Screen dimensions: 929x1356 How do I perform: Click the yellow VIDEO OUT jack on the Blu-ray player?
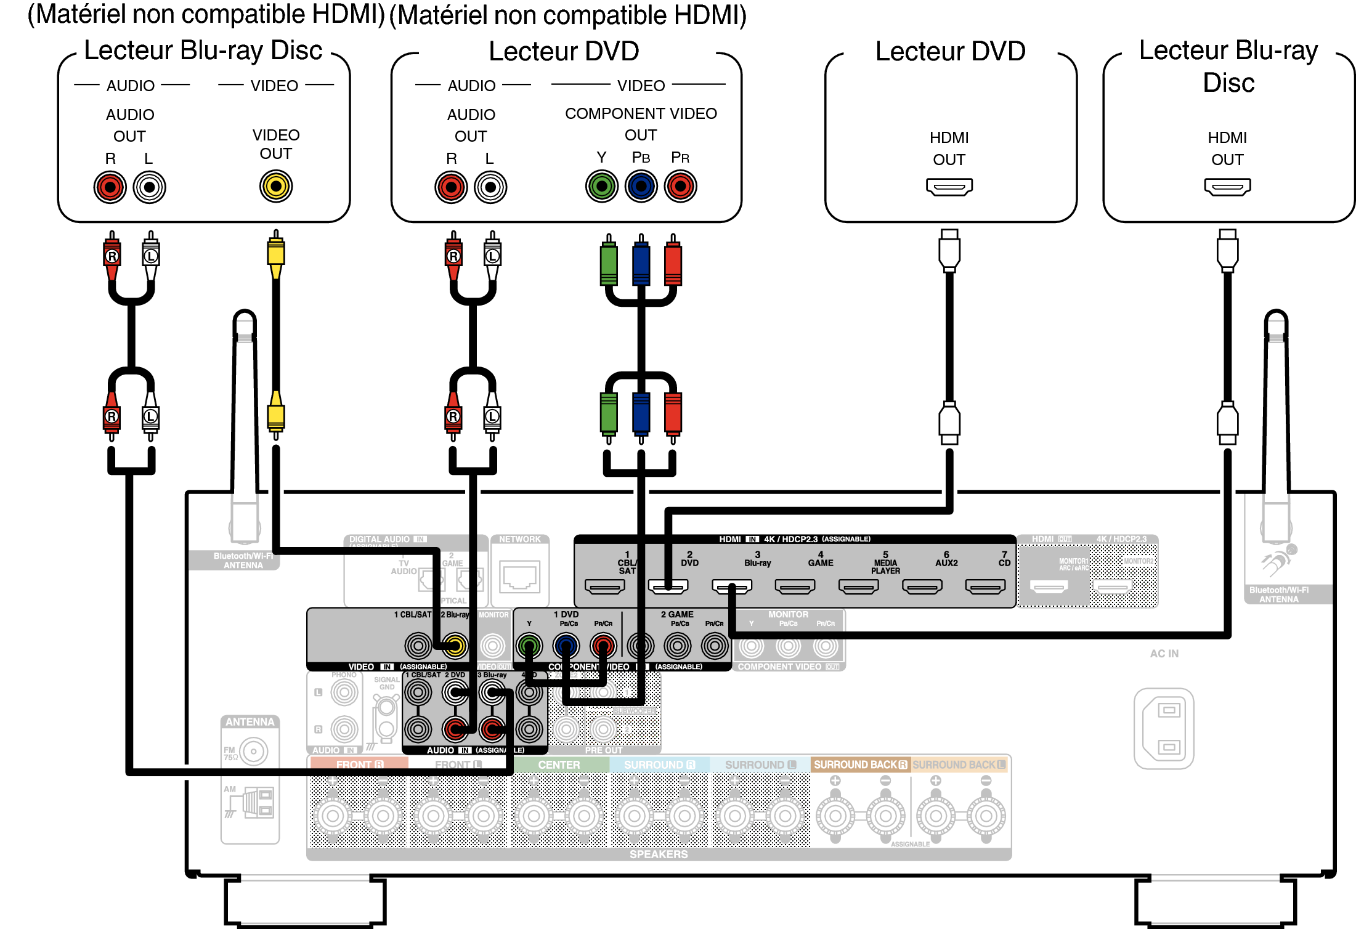tap(276, 186)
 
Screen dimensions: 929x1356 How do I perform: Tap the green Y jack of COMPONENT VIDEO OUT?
tap(601, 186)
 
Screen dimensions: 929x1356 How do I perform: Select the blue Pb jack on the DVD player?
tap(641, 186)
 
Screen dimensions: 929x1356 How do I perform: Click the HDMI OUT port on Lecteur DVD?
tap(949, 186)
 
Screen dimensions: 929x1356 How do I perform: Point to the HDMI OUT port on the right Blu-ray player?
tap(1227, 186)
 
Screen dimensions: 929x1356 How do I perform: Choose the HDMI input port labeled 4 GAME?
tap(795, 587)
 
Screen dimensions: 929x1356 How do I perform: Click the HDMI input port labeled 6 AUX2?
tap(922, 587)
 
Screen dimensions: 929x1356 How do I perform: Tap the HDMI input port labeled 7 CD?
tap(985, 587)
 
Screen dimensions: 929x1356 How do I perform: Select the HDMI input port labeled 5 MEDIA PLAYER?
tap(858, 587)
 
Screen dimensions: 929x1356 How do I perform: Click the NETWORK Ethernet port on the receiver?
tap(520, 577)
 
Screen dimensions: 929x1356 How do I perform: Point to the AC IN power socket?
tap(1164, 728)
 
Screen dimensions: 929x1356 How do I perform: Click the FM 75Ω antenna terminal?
tap(253, 752)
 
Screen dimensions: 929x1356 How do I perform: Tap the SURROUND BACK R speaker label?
tap(860, 765)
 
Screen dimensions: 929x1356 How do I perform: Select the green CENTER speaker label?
tap(559, 765)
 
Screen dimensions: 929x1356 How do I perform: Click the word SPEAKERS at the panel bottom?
tap(659, 854)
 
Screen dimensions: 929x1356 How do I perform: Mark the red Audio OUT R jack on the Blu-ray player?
tap(110, 187)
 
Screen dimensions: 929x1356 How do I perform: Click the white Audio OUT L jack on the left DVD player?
tap(490, 187)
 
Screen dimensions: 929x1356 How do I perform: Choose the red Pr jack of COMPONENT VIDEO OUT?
tap(680, 186)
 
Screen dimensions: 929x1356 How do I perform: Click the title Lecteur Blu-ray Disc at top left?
tap(203, 51)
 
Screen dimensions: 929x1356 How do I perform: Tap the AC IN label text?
tap(1164, 654)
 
